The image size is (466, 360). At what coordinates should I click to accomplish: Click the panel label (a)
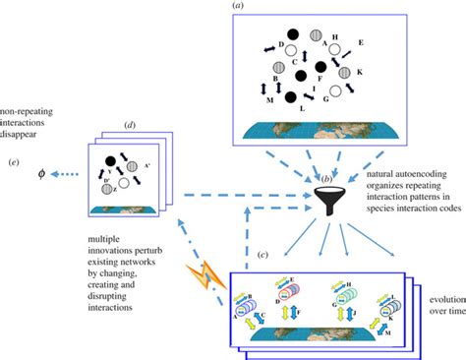(x=237, y=7)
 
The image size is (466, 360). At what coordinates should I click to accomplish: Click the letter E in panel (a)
(x=361, y=43)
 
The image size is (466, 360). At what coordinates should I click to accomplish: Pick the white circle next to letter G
(x=336, y=91)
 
